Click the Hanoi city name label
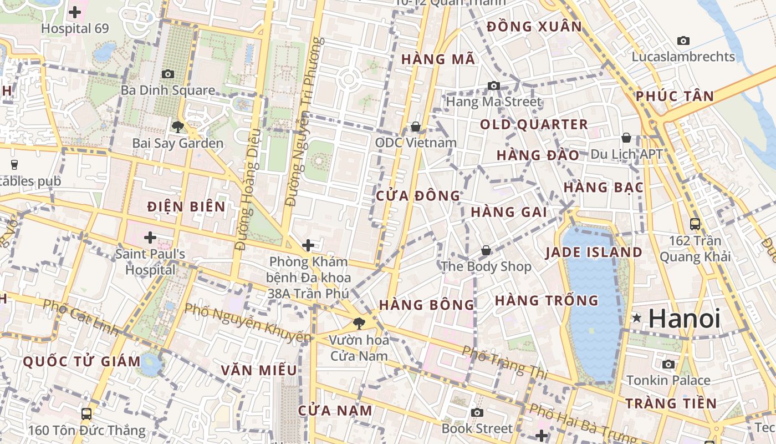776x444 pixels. (x=685, y=319)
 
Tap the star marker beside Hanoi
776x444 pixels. (x=637, y=318)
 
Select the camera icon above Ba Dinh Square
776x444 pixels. (x=167, y=74)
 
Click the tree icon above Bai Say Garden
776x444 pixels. (x=177, y=127)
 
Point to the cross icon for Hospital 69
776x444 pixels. (x=75, y=12)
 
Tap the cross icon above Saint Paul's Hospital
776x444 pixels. (x=150, y=238)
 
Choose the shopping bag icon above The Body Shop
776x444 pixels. (x=486, y=250)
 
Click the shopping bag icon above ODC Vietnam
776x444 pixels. (x=416, y=127)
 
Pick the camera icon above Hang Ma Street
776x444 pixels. (x=493, y=85)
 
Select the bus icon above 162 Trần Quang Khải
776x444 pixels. (x=695, y=224)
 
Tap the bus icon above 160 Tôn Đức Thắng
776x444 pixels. (x=86, y=413)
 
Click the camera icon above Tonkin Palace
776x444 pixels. (x=668, y=364)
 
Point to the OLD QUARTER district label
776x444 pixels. (x=534, y=125)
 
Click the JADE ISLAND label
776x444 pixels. (x=594, y=253)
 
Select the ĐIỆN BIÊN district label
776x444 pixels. (x=186, y=207)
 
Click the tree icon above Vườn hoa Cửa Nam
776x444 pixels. (x=359, y=322)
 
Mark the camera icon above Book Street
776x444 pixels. (x=477, y=412)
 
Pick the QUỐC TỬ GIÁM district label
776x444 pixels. (x=81, y=361)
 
